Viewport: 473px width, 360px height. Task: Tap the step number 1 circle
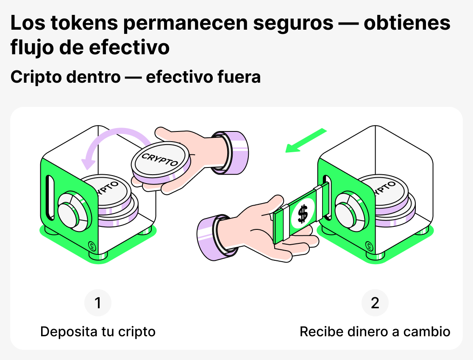point(98,303)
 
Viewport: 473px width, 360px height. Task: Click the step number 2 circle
point(375,303)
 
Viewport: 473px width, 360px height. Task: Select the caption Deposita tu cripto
point(98,332)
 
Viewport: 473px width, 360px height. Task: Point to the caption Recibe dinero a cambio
point(375,332)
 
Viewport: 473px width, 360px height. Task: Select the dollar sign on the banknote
point(303,214)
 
